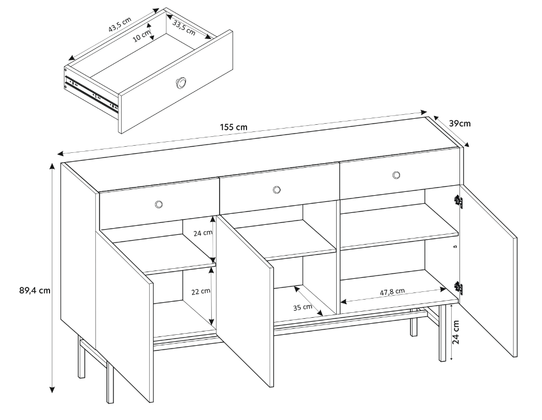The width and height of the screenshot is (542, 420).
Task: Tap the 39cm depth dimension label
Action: pos(460,123)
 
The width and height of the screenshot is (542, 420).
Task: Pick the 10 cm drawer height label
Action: pos(142,35)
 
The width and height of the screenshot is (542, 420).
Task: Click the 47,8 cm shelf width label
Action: pos(392,292)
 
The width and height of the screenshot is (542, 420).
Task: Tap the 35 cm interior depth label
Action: pos(302,308)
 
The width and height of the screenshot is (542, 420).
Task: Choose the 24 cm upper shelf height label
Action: pos(202,233)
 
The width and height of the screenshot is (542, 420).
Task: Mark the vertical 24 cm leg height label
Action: pos(456,331)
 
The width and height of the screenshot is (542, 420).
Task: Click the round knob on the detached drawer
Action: pos(180,82)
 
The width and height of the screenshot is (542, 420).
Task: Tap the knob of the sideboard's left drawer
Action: pos(158,205)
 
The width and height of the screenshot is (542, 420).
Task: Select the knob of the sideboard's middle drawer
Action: pos(276,190)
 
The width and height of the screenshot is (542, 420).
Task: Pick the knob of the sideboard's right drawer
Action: pos(396,175)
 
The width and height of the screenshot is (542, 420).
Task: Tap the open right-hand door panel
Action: pos(489,269)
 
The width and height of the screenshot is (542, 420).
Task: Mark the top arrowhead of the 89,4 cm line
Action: pos(52,165)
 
